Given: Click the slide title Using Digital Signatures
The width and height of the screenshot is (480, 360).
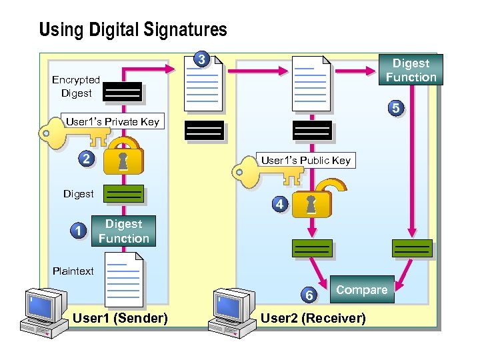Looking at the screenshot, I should pos(133,30).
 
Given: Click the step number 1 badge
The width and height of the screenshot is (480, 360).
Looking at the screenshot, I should pos(79,231).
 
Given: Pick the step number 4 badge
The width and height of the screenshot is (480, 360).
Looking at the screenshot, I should pos(280,204).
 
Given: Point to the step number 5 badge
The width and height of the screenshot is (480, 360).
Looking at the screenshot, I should pos(396,108).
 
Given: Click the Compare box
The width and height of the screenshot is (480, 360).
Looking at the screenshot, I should pos(361,290).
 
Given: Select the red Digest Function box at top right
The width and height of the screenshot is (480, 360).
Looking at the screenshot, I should pos(411,70).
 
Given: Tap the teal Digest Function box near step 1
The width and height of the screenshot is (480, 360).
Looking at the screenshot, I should pos(124,231).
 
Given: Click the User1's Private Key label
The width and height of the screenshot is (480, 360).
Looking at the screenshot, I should pos(112,121).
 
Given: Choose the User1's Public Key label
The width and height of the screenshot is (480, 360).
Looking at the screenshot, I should pos(305,160).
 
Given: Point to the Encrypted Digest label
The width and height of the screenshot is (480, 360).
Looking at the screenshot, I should pos(76,87).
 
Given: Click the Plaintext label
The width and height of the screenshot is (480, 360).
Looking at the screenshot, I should pos(73,271).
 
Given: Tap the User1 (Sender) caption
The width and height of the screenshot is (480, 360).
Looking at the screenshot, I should pos(120,318).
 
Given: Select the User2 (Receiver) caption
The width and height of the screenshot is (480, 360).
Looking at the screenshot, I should pos(313,318).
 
